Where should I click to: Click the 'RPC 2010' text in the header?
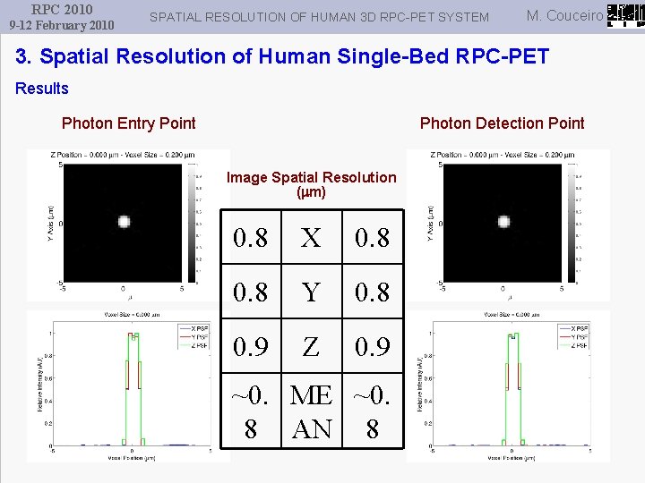point(62,9)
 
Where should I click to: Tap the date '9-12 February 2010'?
point(62,25)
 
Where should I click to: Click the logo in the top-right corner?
point(624,15)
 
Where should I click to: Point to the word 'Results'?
point(42,88)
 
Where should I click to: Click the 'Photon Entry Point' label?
point(128,123)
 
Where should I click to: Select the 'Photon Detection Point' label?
point(502,123)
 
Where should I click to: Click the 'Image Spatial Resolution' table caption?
point(311,184)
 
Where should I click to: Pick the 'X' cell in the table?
point(311,238)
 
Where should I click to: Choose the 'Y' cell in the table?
point(311,292)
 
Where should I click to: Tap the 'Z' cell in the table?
point(311,345)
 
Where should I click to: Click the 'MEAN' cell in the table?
point(311,411)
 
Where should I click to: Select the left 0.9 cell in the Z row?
point(250,345)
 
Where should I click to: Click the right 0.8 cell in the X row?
point(372,238)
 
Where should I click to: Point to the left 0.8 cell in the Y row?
point(250,292)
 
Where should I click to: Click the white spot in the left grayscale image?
point(124,222)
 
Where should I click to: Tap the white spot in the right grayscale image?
point(503,222)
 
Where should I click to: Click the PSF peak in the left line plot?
point(132,336)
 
